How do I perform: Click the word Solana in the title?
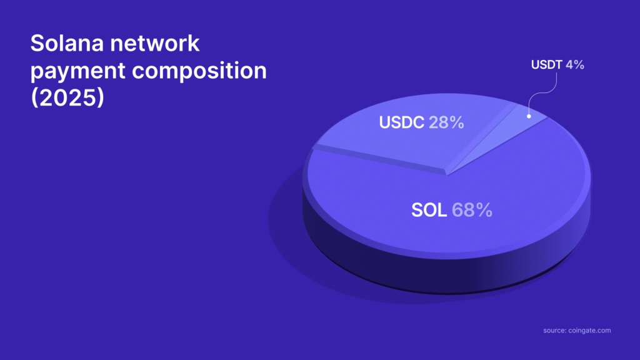click(67, 43)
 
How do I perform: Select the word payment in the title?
click(78, 71)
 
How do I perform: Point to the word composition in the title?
click(199, 71)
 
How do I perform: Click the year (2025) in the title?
click(67, 97)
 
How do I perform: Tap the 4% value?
click(575, 65)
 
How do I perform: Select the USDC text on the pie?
click(402, 122)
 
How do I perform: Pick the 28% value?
click(446, 122)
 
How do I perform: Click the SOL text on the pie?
click(429, 210)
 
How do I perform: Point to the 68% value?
click(472, 210)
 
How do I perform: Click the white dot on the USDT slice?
click(529, 116)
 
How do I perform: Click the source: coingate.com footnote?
click(577, 331)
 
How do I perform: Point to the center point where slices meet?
click(447, 175)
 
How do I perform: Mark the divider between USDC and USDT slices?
click(482, 138)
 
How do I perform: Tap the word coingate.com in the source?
click(589, 331)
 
